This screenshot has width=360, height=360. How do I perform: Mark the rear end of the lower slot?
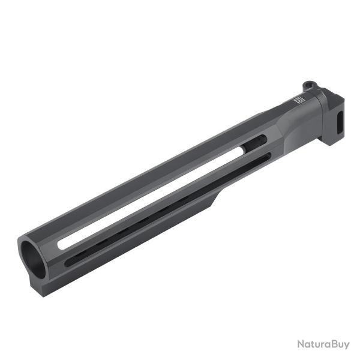(261, 157)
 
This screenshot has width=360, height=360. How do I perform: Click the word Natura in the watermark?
(311, 344)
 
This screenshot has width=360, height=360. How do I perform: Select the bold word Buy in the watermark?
(340, 344)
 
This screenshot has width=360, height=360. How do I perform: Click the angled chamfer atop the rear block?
(324, 96)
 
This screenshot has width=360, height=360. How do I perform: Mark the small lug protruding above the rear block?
(310, 86)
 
